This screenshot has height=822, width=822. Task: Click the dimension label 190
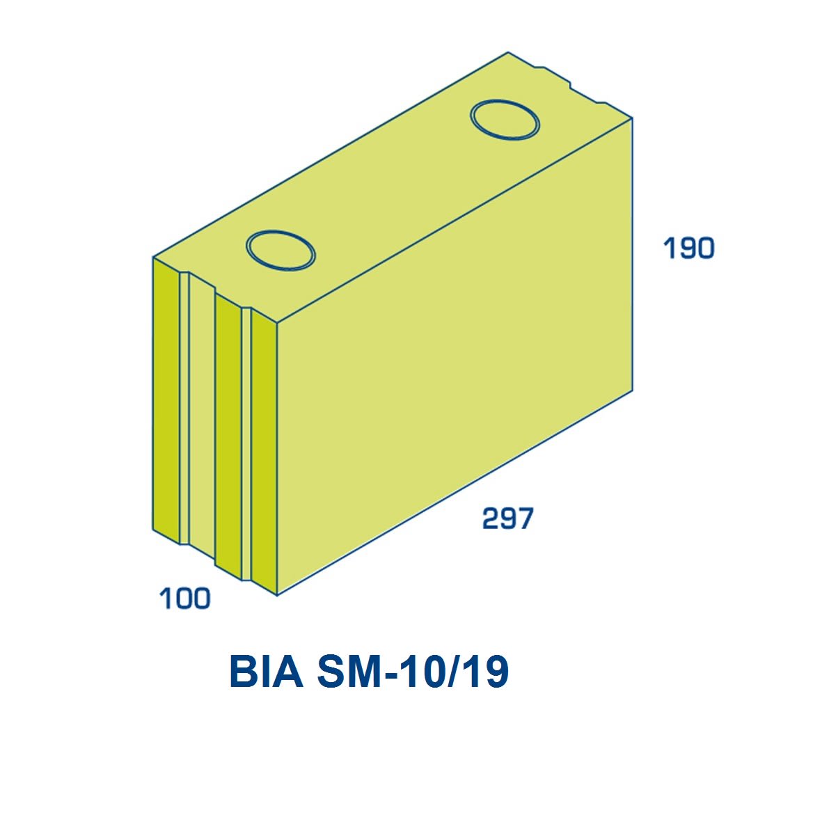click(x=688, y=248)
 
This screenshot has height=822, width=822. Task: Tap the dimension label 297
click(x=507, y=518)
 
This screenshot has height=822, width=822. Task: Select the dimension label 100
click(x=184, y=598)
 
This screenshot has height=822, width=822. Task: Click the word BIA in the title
click(x=267, y=672)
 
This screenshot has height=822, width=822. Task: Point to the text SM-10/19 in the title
click(x=413, y=672)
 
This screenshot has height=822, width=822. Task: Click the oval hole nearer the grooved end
click(x=281, y=251)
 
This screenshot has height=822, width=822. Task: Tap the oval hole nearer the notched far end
click(x=505, y=120)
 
